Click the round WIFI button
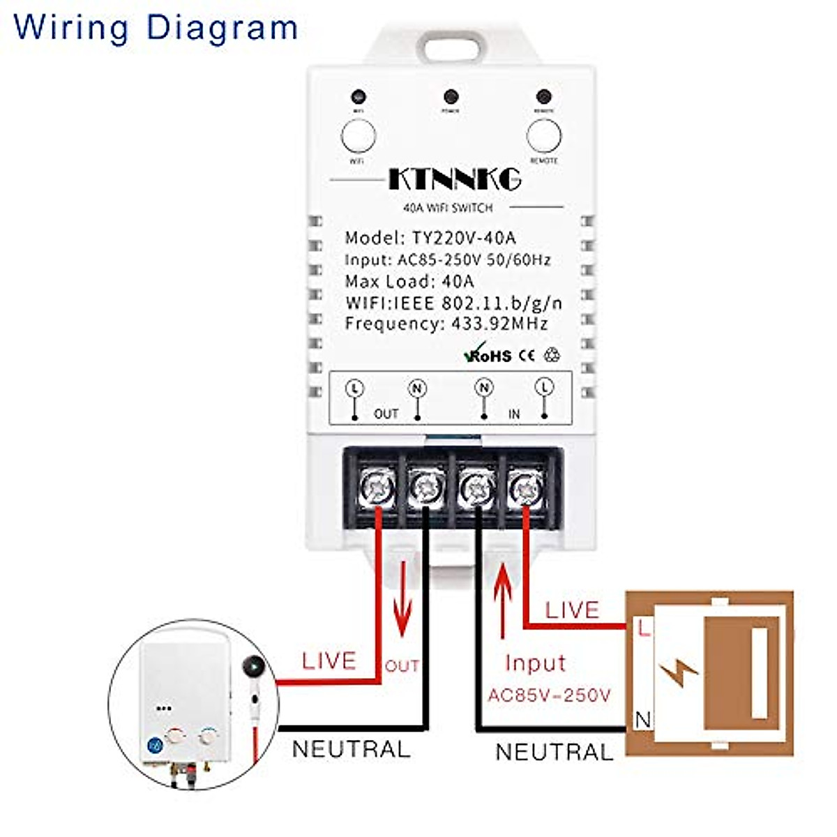point(359,136)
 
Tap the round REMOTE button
point(544,136)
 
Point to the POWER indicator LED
point(451,96)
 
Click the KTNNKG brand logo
point(454,179)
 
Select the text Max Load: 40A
point(409,282)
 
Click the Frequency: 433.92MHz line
point(446,324)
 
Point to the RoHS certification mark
point(488,354)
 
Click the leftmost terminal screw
point(377,485)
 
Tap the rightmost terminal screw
point(525,485)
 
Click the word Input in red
point(535,663)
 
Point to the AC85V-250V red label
point(549,695)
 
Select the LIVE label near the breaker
point(572,610)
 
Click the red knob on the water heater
point(175,736)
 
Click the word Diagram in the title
point(222,28)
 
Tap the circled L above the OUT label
point(355,388)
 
